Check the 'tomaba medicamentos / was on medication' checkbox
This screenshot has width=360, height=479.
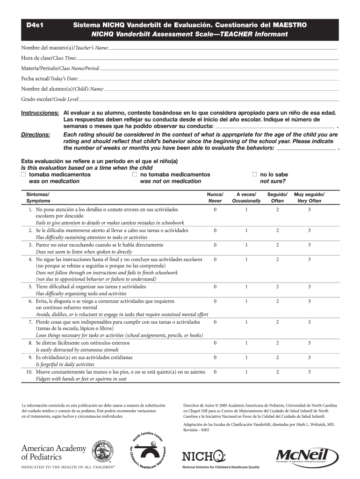(x=23, y=174)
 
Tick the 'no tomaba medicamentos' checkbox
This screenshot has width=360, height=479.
(x=135, y=174)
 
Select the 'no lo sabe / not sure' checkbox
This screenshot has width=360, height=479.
(x=255, y=174)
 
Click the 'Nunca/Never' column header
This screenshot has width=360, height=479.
(x=215, y=197)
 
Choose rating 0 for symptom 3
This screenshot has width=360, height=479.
(x=215, y=245)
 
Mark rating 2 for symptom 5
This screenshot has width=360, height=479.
(x=277, y=286)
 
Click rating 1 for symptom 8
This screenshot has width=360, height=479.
(x=246, y=343)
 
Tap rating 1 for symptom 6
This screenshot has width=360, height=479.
(x=246, y=301)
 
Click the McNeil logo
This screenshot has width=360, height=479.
(x=308, y=456)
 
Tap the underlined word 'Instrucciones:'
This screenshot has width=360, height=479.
(x=40, y=113)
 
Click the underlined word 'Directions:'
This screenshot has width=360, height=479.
(x=36, y=135)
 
